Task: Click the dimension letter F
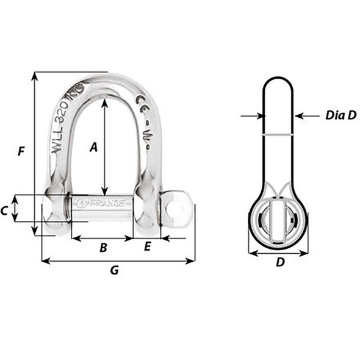coord(21,151)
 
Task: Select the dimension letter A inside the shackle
coord(93,146)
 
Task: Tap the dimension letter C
coord(5,211)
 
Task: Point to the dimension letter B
coord(103,248)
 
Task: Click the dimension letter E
coord(147,247)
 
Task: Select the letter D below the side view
coord(279,262)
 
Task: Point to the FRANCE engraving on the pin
coord(104,200)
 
